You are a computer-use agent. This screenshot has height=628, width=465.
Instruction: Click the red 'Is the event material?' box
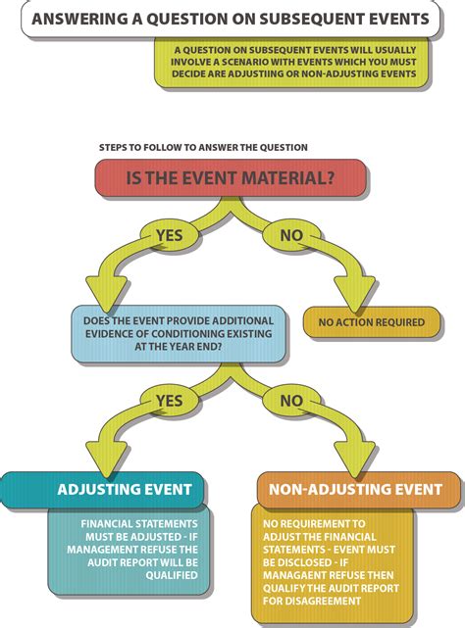click(x=232, y=179)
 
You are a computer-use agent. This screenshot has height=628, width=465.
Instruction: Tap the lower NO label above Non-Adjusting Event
click(x=290, y=401)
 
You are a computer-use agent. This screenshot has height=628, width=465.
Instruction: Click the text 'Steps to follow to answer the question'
click(x=203, y=147)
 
